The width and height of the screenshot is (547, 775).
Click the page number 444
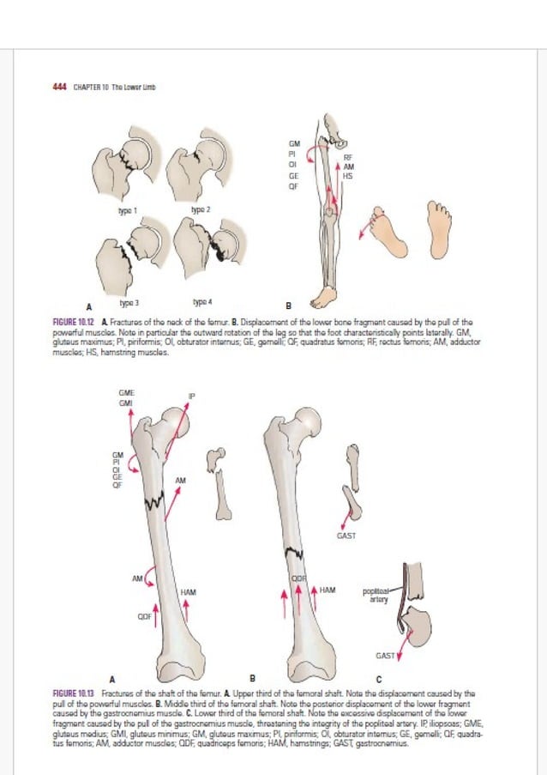(59, 87)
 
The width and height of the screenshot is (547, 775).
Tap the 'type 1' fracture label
(129, 210)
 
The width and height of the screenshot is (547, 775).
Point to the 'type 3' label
(129, 303)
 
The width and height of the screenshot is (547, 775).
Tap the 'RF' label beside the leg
(347, 158)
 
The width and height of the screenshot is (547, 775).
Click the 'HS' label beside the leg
(347, 176)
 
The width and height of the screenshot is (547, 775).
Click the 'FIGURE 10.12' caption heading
(73, 319)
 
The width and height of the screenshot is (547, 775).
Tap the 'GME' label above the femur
(126, 393)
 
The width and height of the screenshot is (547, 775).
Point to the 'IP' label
(192, 396)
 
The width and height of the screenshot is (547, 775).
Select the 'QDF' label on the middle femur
(298, 579)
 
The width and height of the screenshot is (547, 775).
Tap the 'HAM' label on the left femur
(189, 593)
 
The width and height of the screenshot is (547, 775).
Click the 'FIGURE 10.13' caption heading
(74, 691)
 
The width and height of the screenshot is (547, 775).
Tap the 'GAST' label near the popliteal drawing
(385, 656)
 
